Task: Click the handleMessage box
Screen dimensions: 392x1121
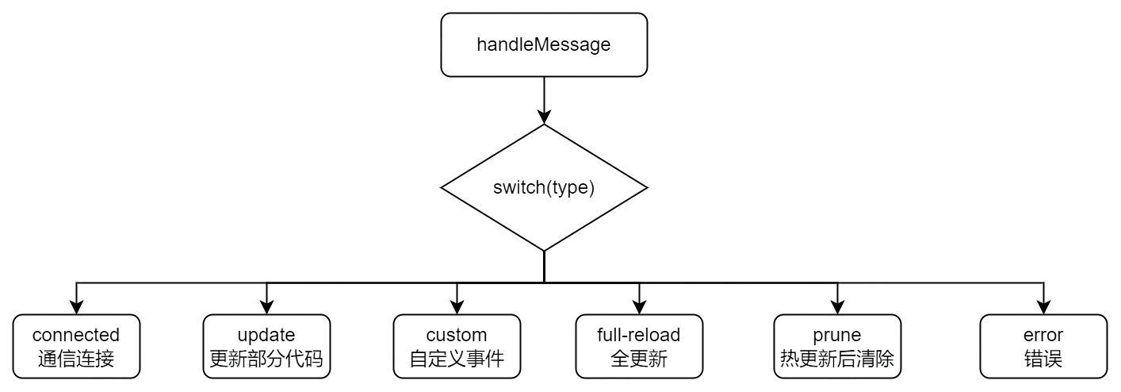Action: coord(544,45)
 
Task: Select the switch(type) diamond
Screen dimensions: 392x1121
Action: coord(544,188)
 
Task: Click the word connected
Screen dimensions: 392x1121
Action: coord(76,335)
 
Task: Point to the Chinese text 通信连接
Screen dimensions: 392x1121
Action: coord(76,359)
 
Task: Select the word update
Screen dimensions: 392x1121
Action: coord(266,335)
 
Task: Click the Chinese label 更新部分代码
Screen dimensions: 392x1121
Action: coord(266,359)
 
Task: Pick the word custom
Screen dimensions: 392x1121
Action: coord(457,335)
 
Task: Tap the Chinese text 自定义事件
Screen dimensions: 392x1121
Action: coord(457,359)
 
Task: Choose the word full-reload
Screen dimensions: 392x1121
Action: coord(639,335)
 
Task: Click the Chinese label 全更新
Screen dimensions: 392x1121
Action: coord(639,359)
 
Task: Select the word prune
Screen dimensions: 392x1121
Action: coord(837,335)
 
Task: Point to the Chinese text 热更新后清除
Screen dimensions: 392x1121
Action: coord(837,359)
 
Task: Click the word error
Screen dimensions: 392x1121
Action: coord(1043,335)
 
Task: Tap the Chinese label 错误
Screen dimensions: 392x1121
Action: coord(1043,359)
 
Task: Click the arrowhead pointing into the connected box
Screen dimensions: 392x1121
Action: coord(76,307)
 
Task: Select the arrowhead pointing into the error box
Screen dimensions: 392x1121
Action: coord(1043,307)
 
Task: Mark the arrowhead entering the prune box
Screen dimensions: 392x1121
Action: coord(837,307)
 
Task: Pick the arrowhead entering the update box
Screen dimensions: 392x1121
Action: coord(266,307)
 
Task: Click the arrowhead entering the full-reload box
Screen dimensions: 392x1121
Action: coord(639,307)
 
